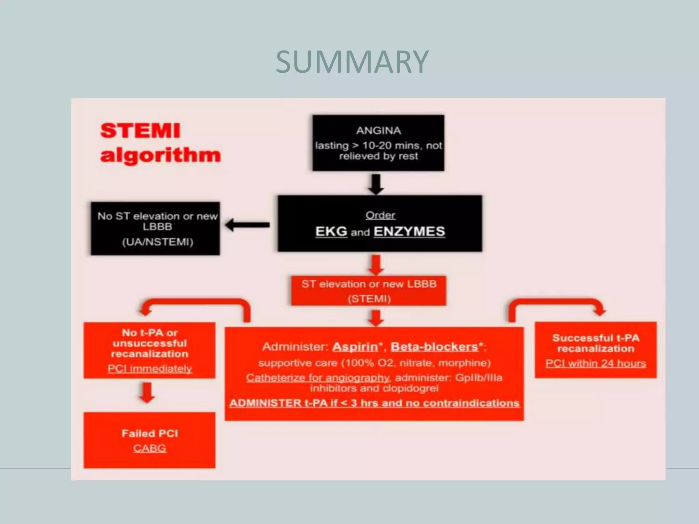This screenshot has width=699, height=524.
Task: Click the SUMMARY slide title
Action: (x=352, y=62)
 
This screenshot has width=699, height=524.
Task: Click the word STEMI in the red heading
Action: (x=140, y=131)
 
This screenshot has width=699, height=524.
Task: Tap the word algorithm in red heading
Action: (x=160, y=156)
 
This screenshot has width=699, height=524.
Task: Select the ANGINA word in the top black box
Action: (x=379, y=131)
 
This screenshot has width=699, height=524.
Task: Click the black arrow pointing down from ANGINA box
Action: (x=376, y=184)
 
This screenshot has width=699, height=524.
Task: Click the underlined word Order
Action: (x=380, y=215)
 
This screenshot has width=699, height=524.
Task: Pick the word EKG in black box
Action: (x=331, y=232)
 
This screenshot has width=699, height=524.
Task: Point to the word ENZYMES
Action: (x=409, y=232)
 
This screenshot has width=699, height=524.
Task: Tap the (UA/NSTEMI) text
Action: (x=158, y=242)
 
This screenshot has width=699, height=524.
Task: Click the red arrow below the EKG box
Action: (x=376, y=265)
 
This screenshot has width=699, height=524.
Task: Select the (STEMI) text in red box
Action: (x=369, y=299)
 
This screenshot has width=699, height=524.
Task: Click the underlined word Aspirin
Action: (x=355, y=347)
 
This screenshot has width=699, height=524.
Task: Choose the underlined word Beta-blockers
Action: (x=434, y=347)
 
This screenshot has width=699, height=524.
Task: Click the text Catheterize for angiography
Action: (x=317, y=378)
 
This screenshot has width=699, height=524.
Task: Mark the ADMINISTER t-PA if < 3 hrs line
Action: (x=374, y=403)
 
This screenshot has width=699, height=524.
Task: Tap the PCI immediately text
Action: (x=149, y=369)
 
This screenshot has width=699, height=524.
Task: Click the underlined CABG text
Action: (x=149, y=448)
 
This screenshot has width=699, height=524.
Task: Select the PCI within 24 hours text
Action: (x=596, y=363)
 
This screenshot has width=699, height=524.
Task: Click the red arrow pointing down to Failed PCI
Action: (x=147, y=393)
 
